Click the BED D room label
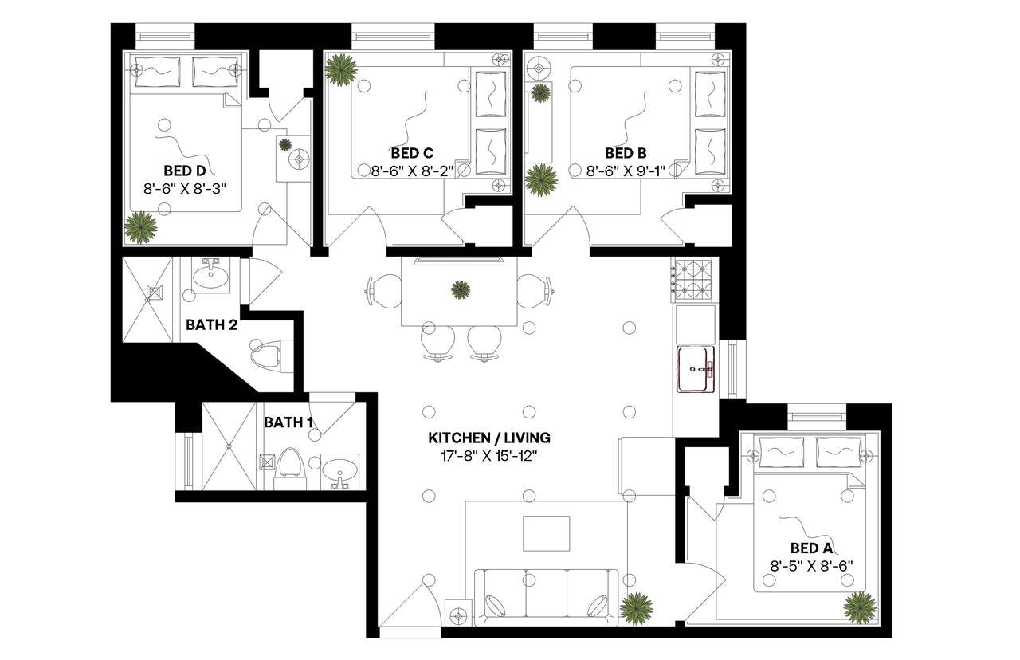tap(185, 171)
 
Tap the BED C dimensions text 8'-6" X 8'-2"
tap(412, 171)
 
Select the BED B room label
tap(626, 152)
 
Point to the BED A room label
tap(811, 548)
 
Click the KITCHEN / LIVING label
tap(489, 438)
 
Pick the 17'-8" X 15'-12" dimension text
tap(489, 457)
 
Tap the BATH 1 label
tap(288, 422)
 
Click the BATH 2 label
tap(210, 324)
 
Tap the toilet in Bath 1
tap(290, 466)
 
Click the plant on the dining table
tap(460, 289)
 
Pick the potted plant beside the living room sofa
tap(636, 608)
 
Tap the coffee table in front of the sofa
tap(546, 533)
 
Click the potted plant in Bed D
tap(141, 227)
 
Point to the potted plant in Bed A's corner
tap(860, 607)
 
